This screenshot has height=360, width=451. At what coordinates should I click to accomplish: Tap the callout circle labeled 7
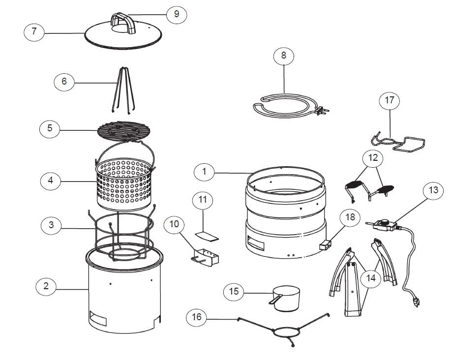(34, 32)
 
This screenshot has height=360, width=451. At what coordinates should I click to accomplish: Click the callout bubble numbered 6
(64, 82)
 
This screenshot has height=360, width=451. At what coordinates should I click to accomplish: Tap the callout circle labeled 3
(51, 226)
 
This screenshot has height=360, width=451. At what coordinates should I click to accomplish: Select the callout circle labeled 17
(389, 101)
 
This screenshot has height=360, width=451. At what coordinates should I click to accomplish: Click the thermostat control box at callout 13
(383, 225)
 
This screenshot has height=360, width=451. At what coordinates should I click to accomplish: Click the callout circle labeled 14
(371, 279)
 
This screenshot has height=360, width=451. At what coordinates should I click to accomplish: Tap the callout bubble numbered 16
(197, 317)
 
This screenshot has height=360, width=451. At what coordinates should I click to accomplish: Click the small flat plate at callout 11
(207, 237)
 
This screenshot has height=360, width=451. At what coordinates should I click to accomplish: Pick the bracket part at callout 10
(206, 259)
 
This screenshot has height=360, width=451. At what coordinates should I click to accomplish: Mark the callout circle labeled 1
(204, 172)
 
